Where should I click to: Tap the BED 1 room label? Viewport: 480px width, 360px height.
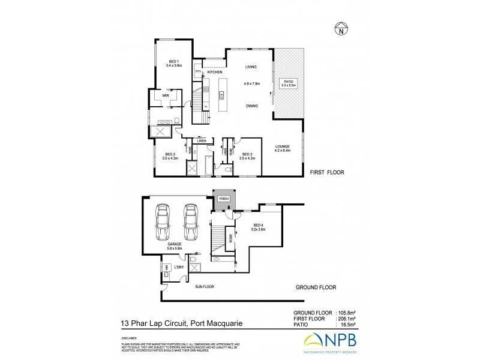click(174, 62)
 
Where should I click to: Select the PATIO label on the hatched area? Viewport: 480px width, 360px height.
click(289, 82)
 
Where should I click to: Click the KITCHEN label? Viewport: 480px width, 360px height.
click(215, 73)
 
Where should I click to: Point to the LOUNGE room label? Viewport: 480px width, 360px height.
click(283, 146)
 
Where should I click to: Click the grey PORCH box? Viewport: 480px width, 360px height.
click(225, 198)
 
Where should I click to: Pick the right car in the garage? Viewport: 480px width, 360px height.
click(190, 223)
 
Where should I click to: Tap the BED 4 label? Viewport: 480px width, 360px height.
click(259, 225)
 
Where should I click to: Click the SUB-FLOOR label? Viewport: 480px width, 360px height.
click(204, 287)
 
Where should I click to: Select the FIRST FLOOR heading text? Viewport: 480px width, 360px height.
click(326, 172)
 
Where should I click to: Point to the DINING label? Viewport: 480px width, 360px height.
click(252, 106)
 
